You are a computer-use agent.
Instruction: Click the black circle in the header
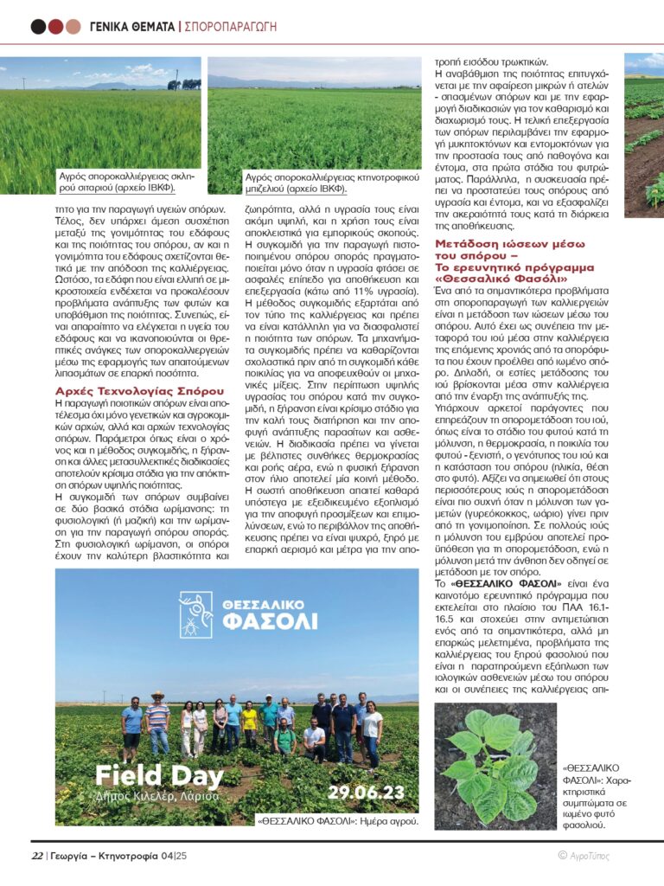(38, 26)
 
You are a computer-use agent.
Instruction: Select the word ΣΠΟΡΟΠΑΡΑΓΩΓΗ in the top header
(231, 27)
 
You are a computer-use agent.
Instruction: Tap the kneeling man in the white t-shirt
(314, 740)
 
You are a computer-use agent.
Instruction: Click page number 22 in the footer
(37, 856)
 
